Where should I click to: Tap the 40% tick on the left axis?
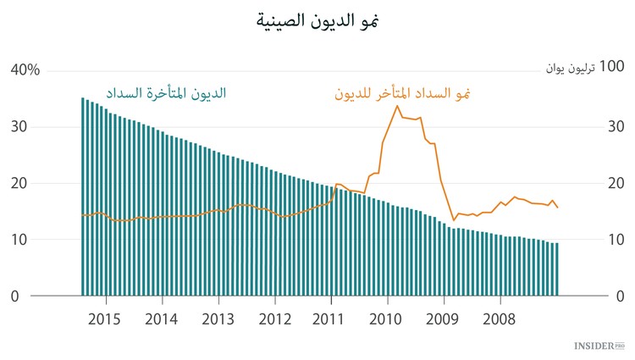coord(25,70)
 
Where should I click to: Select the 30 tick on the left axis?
coord(19,127)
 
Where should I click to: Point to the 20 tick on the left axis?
coord(19,183)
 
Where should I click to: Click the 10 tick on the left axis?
coord(19,240)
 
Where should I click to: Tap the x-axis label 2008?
coord(500,319)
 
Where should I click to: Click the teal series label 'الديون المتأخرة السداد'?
coord(166,93)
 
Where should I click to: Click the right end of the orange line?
coord(558,208)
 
